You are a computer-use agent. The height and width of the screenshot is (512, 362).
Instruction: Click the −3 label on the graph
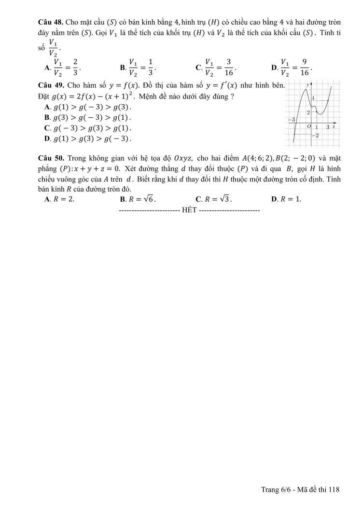(291, 119)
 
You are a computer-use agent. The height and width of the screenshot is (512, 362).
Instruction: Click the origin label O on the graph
(308, 126)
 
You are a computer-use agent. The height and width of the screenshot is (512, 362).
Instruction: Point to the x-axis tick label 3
(327, 126)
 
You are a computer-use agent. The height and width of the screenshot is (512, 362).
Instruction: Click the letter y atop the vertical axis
(307, 84)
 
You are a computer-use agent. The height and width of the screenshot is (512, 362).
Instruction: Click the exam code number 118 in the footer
(334, 490)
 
